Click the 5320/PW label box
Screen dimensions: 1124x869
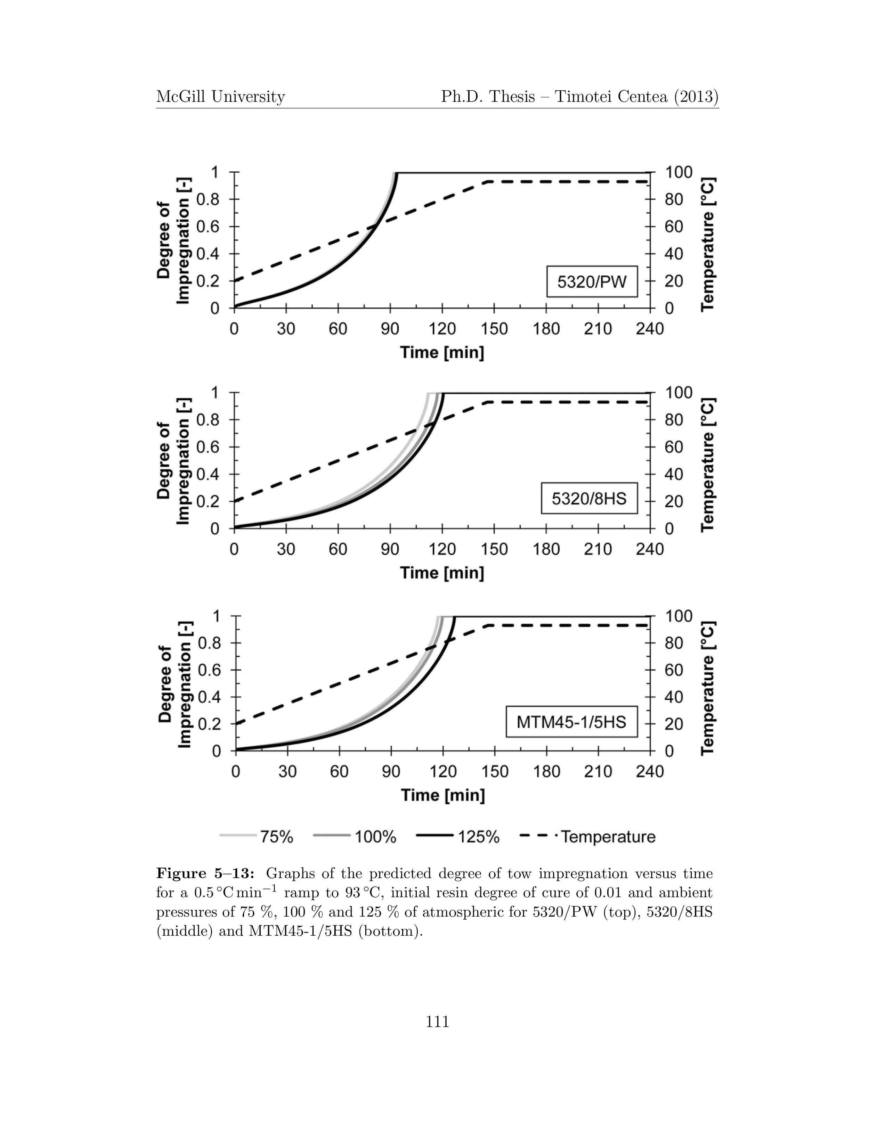(592, 281)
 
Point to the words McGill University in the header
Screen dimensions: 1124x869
(220, 97)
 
